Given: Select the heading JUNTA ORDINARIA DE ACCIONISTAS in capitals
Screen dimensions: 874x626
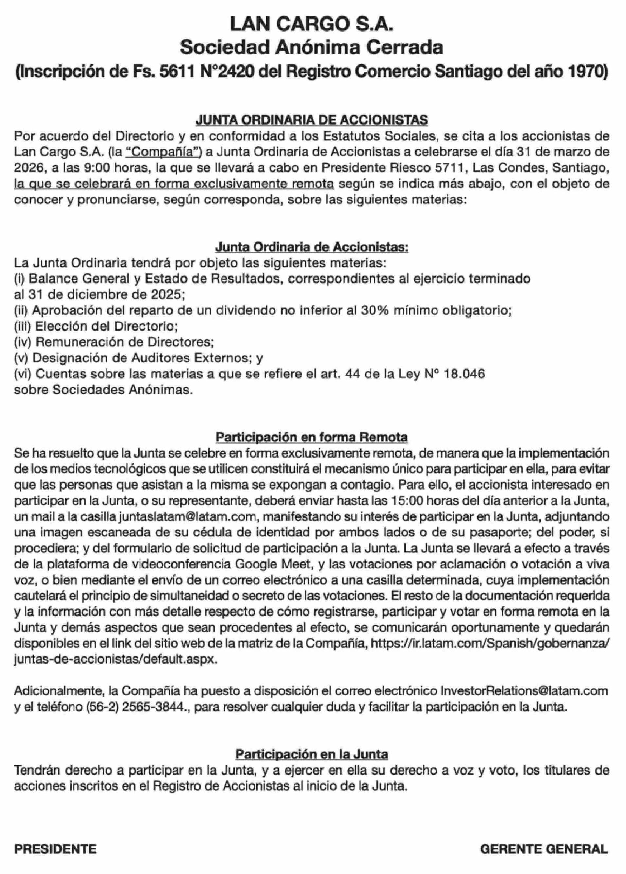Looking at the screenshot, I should pyautogui.click(x=311, y=120).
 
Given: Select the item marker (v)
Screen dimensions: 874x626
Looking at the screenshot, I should pyautogui.click(x=21, y=358).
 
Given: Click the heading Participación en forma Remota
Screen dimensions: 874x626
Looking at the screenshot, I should pyautogui.click(x=311, y=437).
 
